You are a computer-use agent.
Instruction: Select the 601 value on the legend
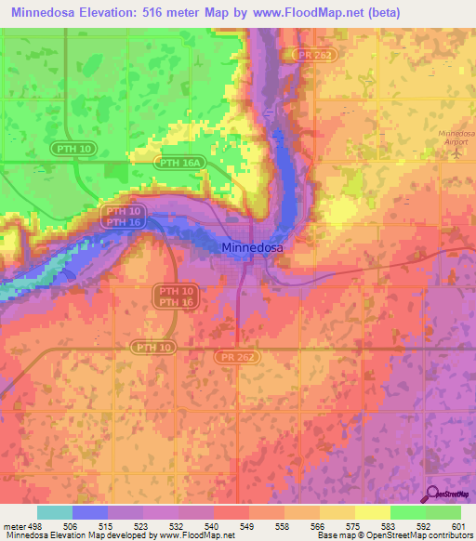[456, 525]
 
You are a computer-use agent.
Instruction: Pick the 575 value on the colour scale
[354, 525]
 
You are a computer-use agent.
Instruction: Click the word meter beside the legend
[15, 525]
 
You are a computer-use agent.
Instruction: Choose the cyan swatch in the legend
[55, 512]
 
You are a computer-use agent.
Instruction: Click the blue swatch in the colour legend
[90, 512]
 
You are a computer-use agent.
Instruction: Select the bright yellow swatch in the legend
[372, 512]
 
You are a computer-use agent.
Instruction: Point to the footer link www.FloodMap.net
[196, 535]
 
